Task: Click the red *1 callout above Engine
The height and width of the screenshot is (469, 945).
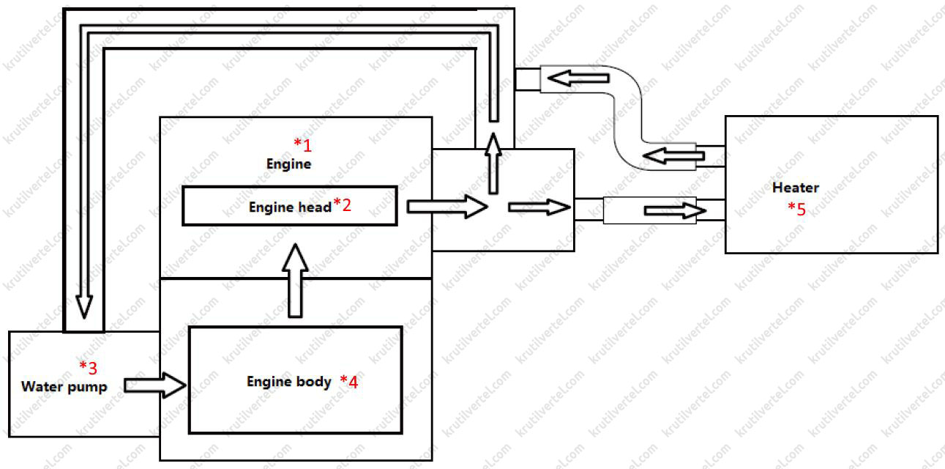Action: [x=302, y=144]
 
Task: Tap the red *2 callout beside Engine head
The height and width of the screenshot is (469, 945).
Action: [x=342, y=205]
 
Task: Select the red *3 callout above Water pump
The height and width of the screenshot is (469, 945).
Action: [x=88, y=366]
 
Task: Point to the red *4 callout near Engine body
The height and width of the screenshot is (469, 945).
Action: [x=348, y=382]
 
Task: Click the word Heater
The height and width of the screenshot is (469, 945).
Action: [x=795, y=188]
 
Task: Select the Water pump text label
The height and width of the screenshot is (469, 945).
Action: [x=64, y=386]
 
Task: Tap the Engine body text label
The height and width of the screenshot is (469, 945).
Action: [x=288, y=382]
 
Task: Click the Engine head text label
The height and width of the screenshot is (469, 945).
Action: [x=290, y=207]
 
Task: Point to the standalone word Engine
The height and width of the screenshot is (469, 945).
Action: [x=288, y=164]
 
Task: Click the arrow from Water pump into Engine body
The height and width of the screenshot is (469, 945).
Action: [x=155, y=385]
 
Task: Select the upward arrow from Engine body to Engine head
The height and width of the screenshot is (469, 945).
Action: [x=296, y=281]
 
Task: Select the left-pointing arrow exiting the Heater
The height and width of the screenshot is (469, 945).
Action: [x=673, y=155]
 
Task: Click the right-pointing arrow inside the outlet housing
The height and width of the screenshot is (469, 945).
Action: [x=539, y=207]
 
